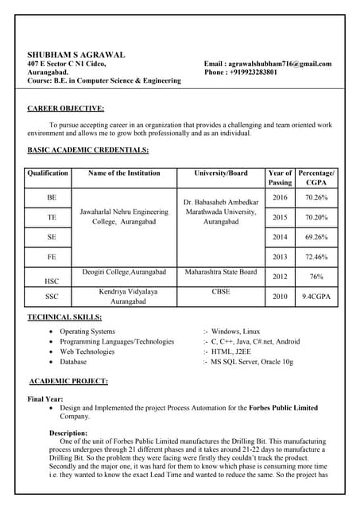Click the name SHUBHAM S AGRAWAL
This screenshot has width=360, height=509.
(x=76, y=54)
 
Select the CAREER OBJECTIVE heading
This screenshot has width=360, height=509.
(x=65, y=108)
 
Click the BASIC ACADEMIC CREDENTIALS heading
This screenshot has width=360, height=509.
(x=87, y=150)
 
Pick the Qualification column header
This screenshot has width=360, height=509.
(x=48, y=173)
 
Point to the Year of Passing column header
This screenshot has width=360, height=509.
(x=280, y=177)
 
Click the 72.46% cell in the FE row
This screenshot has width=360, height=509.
(x=316, y=257)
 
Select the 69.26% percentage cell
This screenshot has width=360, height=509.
(x=316, y=237)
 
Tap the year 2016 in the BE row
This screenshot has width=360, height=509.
(x=280, y=197)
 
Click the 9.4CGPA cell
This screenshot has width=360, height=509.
(x=316, y=297)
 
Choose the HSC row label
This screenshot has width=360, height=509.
(x=52, y=280)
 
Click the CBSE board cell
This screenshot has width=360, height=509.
(x=220, y=292)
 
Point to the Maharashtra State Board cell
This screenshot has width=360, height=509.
(x=220, y=272)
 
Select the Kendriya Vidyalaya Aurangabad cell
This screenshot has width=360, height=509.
(x=122, y=297)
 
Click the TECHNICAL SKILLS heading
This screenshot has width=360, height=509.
(x=64, y=317)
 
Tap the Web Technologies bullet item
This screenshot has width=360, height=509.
(x=87, y=352)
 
